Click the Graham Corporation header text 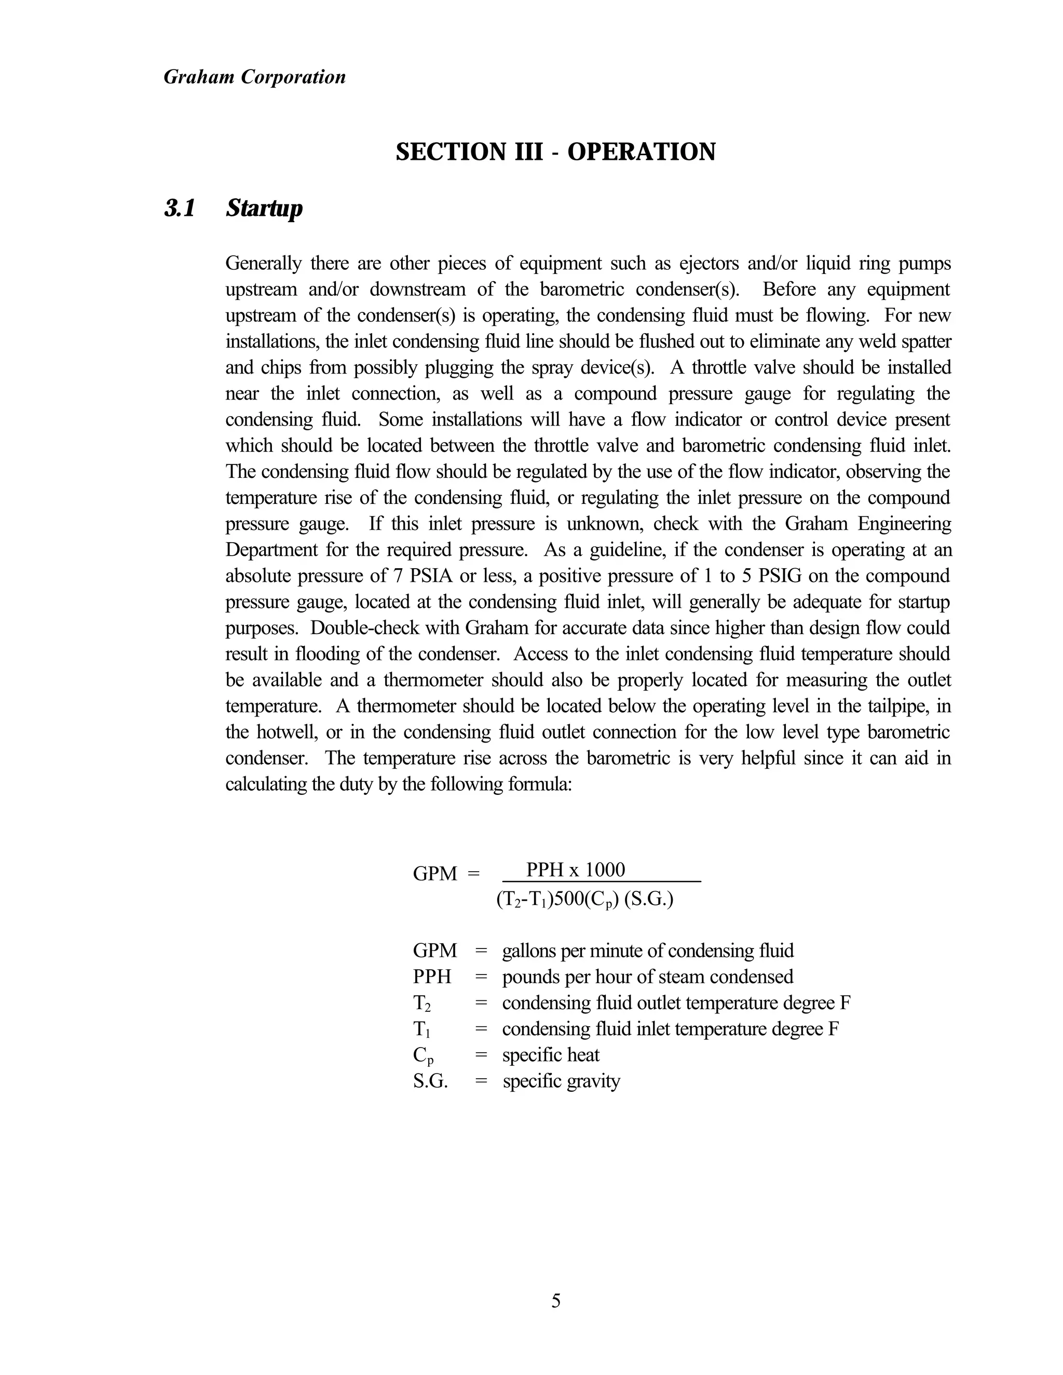[254, 77]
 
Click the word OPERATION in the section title [641, 153]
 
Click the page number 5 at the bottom [555, 1301]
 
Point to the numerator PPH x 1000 [575, 870]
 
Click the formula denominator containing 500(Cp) [584, 899]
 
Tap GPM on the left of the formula [434, 874]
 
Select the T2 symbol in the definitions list [422, 1003]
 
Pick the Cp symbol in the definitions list [423, 1056]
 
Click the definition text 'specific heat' [550, 1055]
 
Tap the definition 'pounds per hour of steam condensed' [647, 977]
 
